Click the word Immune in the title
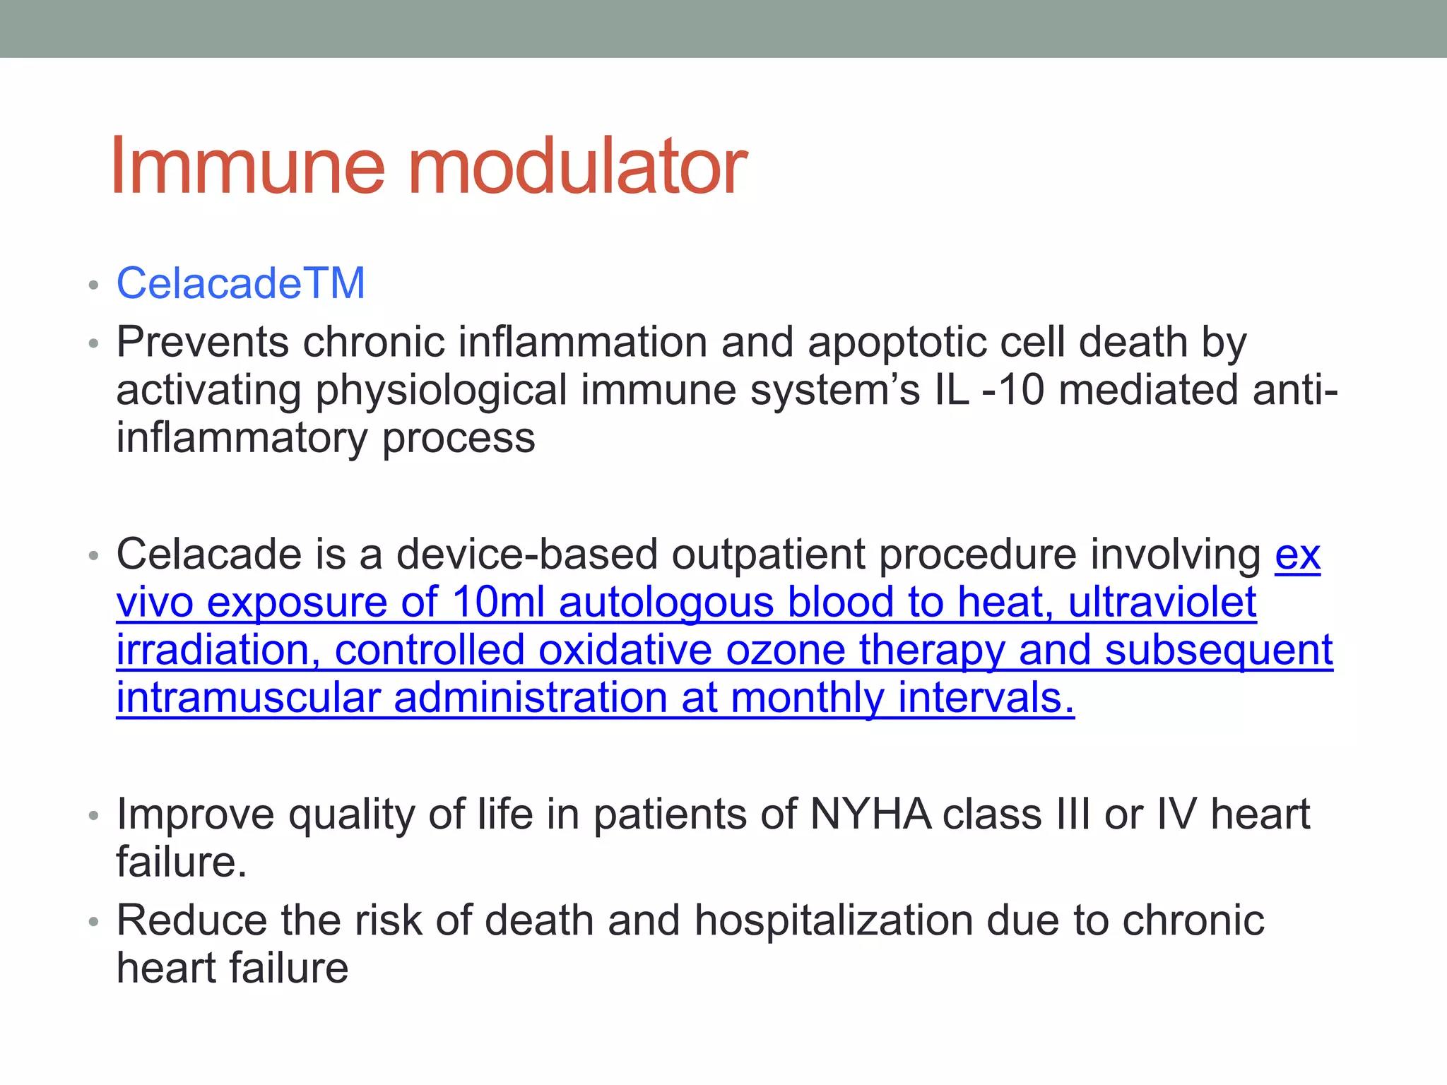click(x=247, y=167)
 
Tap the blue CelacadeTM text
click(x=240, y=283)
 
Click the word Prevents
click(x=203, y=342)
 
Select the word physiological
click(x=441, y=391)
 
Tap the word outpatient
click(x=768, y=555)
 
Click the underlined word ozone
click(x=786, y=650)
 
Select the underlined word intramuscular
click(x=248, y=698)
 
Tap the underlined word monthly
click(x=807, y=698)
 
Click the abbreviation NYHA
click(x=870, y=814)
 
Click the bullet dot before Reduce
click(x=93, y=922)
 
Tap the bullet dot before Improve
click(x=93, y=816)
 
